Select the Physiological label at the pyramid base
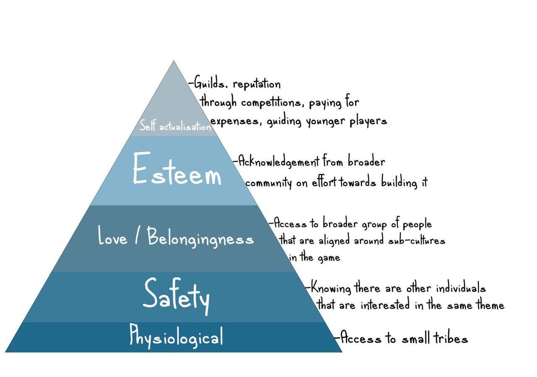click(x=176, y=336)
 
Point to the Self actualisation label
click(x=175, y=126)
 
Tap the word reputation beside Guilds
click(x=256, y=84)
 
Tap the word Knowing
click(x=331, y=289)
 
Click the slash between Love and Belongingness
click(x=138, y=237)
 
